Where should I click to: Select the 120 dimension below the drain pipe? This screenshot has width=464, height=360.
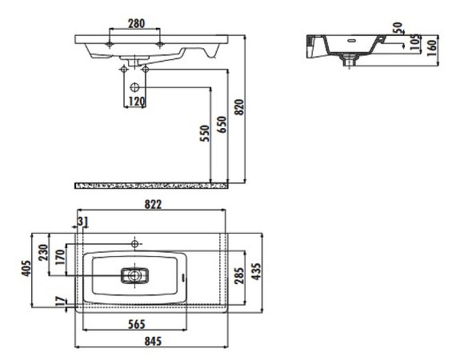tap(136, 102)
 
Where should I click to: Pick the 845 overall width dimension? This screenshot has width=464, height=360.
tap(153, 341)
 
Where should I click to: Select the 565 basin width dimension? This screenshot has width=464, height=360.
tap(134, 324)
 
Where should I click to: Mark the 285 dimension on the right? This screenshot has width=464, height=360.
tap(238, 277)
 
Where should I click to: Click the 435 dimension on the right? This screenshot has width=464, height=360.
tap(257, 272)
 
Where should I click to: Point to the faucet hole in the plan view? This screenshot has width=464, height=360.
tap(135, 242)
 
